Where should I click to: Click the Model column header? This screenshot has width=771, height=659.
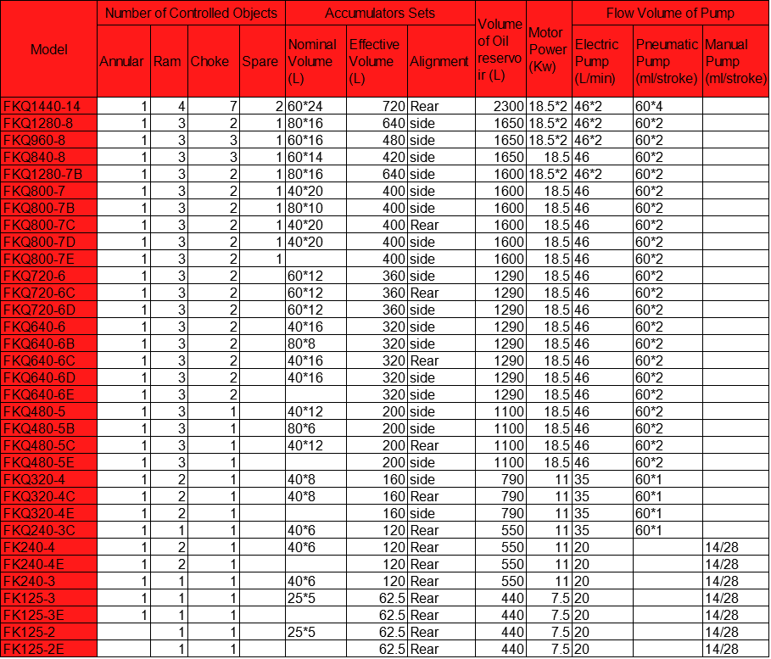[x=48, y=49]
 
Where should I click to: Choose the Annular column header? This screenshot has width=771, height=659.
[x=122, y=61]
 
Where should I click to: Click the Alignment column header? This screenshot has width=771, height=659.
[x=439, y=61]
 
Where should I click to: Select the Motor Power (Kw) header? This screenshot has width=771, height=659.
[x=547, y=49]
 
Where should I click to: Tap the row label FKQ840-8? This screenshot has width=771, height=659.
[x=35, y=157]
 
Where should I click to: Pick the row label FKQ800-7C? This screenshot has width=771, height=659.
[x=39, y=225]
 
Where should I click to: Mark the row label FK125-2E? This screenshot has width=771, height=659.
[x=36, y=649]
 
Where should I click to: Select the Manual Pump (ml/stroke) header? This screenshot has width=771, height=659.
[x=735, y=61]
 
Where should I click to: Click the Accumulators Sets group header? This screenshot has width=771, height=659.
[x=380, y=13]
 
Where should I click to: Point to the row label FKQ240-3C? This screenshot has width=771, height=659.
[x=39, y=530]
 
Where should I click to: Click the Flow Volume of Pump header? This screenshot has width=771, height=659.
[x=670, y=13]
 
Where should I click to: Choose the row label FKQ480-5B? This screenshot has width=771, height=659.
[x=39, y=428]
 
